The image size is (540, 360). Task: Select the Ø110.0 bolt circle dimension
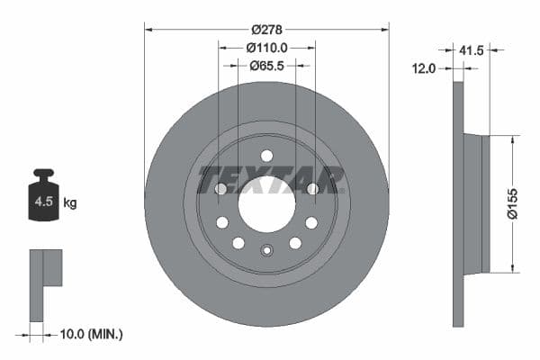[x=266, y=47]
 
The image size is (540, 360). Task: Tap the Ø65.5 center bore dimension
[x=266, y=65]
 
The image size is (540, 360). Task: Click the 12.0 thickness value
[x=424, y=68]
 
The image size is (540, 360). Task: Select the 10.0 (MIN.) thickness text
[x=89, y=334]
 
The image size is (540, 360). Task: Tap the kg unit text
[x=70, y=203]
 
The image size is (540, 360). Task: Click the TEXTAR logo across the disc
[x=271, y=180]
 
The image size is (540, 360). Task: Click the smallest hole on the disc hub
[x=266, y=251]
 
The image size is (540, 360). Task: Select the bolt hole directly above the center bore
[x=266, y=156]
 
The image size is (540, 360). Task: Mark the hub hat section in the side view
[x=474, y=203]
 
